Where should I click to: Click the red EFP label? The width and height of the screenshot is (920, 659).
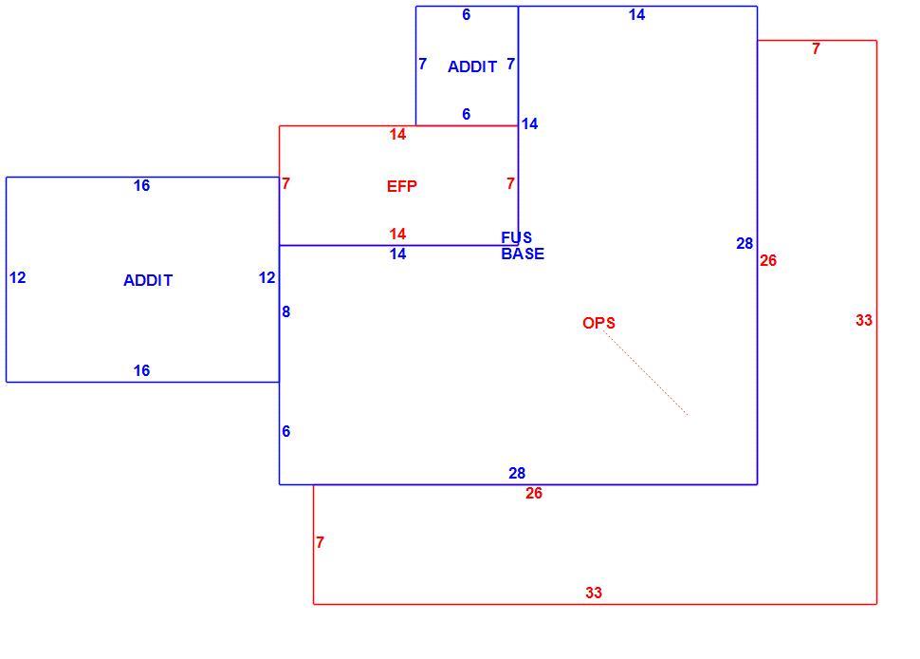[x=402, y=186]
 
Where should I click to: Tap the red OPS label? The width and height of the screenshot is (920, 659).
[x=598, y=323]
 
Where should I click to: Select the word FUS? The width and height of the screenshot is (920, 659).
[x=516, y=237]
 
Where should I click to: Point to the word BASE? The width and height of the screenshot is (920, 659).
[x=523, y=254]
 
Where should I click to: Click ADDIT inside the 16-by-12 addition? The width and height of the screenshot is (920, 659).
[x=148, y=280]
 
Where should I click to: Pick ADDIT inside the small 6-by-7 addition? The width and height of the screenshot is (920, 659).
[x=472, y=67]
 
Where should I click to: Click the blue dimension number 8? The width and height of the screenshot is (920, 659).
[x=285, y=311]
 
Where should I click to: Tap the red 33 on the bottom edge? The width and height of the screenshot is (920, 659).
[x=594, y=593]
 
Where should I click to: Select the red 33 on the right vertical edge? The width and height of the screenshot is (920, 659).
[x=864, y=320]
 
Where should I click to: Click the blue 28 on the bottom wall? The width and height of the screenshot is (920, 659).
[x=517, y=473]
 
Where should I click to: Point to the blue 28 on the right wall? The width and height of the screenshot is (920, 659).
[x=745, y=243]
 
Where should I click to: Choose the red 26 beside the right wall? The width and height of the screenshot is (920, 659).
[x=768, y=260]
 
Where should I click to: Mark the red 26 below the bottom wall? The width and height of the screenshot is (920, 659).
[x=534, y=493]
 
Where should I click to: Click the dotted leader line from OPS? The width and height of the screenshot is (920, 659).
[x=645, y=373]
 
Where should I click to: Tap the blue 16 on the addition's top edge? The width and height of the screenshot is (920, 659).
[x=141, y=185]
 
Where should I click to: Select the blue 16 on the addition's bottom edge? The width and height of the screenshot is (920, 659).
[x=141, y=370]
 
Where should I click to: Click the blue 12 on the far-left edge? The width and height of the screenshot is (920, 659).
[x=18, y=278]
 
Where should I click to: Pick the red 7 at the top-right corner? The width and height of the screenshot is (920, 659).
[x=817, y=48]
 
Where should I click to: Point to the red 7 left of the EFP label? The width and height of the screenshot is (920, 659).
[x=285, y=184]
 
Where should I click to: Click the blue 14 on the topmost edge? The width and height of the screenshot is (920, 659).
[x=636, y=14]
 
